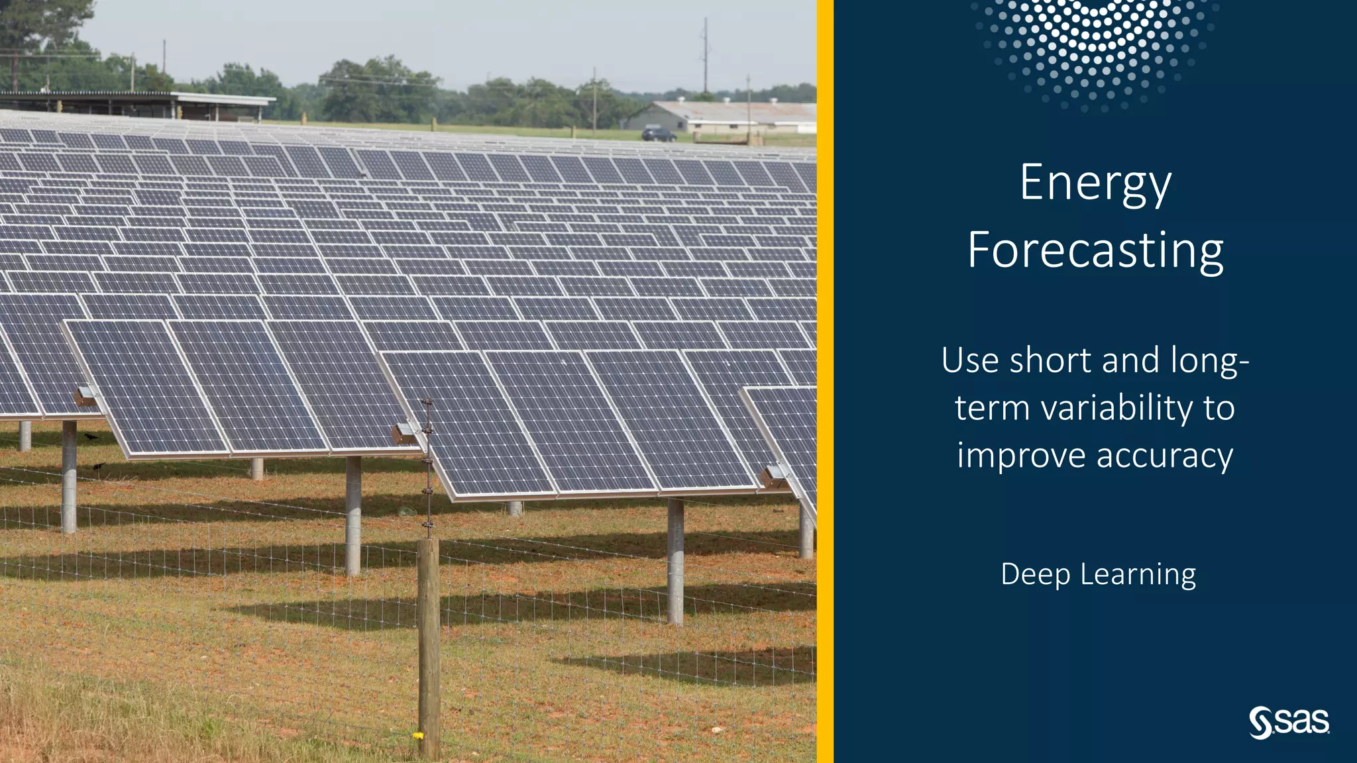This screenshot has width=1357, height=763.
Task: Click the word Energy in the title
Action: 1095,183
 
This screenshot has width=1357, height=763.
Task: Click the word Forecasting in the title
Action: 1095,250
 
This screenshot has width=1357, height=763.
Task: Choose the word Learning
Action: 1138,575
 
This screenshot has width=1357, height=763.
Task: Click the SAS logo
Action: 1289,722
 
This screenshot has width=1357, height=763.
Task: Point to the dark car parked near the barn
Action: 658,135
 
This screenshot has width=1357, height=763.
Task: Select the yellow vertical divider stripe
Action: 825,381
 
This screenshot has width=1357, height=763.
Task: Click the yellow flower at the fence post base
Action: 418,735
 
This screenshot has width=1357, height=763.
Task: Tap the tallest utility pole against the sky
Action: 705,56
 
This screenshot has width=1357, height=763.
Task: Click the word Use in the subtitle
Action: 970,361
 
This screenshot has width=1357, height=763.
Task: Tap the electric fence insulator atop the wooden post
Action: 427,404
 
